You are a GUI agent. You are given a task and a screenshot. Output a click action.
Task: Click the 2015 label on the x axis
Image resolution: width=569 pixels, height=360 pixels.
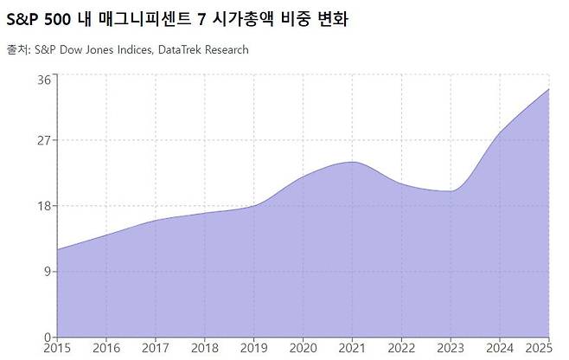(57, 348)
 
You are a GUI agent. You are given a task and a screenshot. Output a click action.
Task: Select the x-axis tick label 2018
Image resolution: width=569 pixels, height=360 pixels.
(204, 348)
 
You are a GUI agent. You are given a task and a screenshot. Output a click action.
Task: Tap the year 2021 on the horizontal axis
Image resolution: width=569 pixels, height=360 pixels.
(352, 348)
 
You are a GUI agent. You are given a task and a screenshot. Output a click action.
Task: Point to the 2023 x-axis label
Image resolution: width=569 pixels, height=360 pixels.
(451, 348)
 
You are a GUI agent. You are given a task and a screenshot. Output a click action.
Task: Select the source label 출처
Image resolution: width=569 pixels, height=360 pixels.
(15, 50)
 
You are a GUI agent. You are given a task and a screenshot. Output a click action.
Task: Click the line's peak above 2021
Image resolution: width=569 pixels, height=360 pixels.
(352, 162)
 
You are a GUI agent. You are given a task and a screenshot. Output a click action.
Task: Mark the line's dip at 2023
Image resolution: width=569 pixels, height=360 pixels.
(451, 190)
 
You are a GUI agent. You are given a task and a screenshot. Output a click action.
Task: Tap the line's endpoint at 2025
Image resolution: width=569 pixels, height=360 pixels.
(548, 89)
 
